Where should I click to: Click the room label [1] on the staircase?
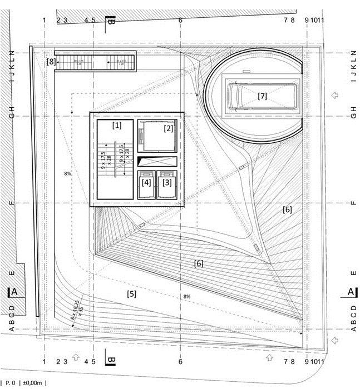click(116, 125)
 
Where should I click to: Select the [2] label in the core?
click(169, 128)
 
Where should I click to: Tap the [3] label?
click(166, 181)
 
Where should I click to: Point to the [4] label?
click(146, 181)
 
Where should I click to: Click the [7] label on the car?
click(262, 96)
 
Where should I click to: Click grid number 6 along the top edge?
click(180, 21)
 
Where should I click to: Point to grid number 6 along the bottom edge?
click(180, 362)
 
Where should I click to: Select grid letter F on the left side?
click(11, 203)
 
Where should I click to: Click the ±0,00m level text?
click(33, 382)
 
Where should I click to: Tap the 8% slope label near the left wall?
click(68, 174)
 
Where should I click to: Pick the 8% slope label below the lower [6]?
click(187, 297)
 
